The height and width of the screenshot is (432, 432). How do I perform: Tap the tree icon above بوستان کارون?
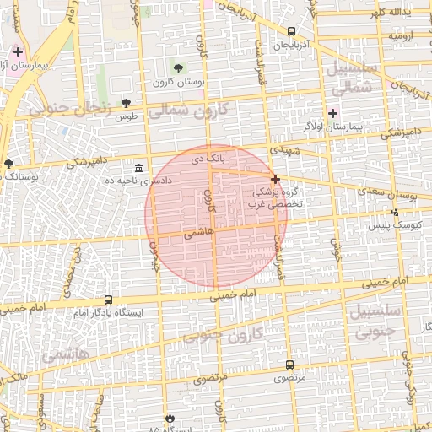[178, 67]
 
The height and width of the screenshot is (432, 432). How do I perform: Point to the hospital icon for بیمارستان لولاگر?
[332, 113]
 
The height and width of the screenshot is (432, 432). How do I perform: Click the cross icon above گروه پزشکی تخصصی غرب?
[276, 178]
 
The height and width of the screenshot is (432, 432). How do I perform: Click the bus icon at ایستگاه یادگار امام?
[108, 300]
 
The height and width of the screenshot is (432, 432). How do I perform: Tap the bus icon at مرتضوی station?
[290, 364]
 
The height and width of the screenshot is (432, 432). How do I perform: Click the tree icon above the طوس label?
[127, 102]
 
